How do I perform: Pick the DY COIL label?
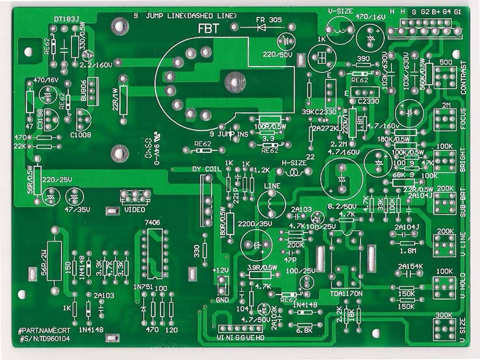tap(208, 169)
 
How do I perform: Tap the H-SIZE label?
tap(293, 163)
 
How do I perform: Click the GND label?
tap(222, 300)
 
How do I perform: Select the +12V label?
tap(220, 270)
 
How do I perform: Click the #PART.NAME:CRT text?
tap(44, 330)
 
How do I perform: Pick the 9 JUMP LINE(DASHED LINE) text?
tap(185, 15)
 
